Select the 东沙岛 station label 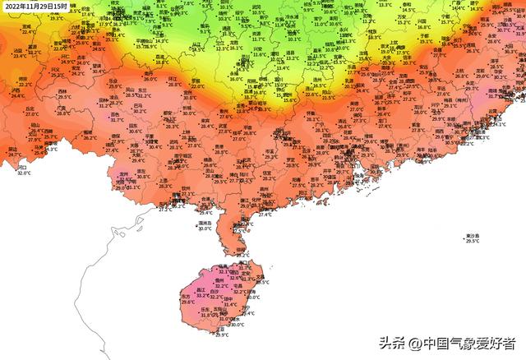tap(472, 236)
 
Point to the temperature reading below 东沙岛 tap(473, 242)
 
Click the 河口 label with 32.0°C tap(22, 167)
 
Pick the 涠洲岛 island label tap(205, 222)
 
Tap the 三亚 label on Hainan tap(220, 328)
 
